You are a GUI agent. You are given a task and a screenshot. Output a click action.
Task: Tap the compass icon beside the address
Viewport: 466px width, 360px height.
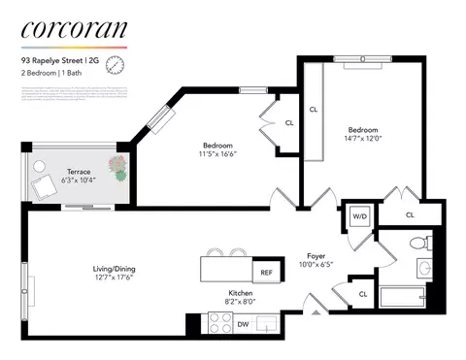(x=116, y=64)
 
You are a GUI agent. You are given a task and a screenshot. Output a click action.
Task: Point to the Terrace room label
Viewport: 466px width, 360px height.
(x=79, y=176)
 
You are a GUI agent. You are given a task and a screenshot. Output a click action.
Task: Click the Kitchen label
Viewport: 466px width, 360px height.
(x=240, y=296)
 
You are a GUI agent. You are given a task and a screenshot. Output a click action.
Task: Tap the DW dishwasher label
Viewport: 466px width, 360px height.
(x=242, y=324)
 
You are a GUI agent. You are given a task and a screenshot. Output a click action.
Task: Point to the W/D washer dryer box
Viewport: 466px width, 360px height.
(x=357, y=217)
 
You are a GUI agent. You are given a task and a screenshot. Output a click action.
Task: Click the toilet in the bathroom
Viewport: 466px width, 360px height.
(x=420, y=244)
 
